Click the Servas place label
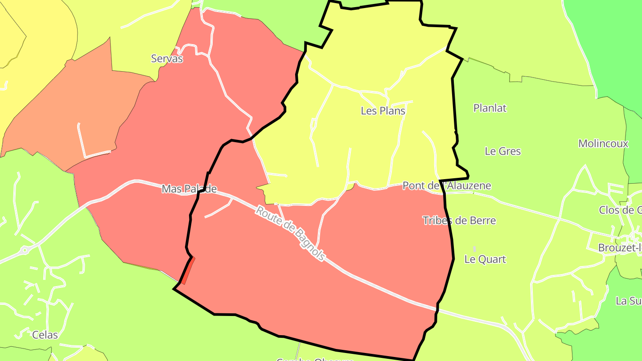click(167, 58)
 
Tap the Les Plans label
click(383, 111)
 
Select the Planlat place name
click(490, 108)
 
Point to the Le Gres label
click(502, 151)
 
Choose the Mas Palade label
click(189, 189)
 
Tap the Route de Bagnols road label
click(289, 233)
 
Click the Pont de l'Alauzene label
click(446, 185)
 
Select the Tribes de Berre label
click(459, 220)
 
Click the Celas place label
click(45, 334)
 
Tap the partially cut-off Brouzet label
click(620, 248)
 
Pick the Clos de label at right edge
click(620, 210)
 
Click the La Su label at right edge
click(628, 300)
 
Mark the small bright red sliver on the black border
click(188, 271)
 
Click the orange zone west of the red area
click(67, 111)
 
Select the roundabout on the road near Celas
click(25, 251)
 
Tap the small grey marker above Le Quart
click(474, 249)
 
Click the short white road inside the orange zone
click(82, 140)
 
